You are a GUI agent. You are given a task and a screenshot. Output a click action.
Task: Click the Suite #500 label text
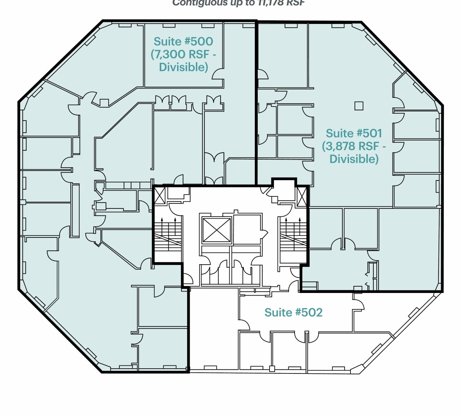coord(183,41)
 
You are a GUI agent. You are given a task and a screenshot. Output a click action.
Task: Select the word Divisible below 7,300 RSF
coord(183,67)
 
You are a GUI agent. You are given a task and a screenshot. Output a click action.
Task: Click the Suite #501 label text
coord(354,133)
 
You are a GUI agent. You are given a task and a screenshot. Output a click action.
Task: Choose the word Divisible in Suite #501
coord(353,159)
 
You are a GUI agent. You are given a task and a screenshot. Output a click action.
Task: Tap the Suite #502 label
coord(293,312)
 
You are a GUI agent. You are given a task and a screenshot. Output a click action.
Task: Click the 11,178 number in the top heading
coord(268,3)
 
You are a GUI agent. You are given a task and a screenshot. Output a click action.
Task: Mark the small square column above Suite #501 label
coord(359,106)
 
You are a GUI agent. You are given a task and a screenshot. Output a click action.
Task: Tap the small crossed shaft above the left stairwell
coord(160,195)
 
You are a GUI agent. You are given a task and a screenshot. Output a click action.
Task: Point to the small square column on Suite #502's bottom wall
coord(272,369)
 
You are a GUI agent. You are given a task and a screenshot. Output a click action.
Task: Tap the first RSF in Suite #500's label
coord(199,54)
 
